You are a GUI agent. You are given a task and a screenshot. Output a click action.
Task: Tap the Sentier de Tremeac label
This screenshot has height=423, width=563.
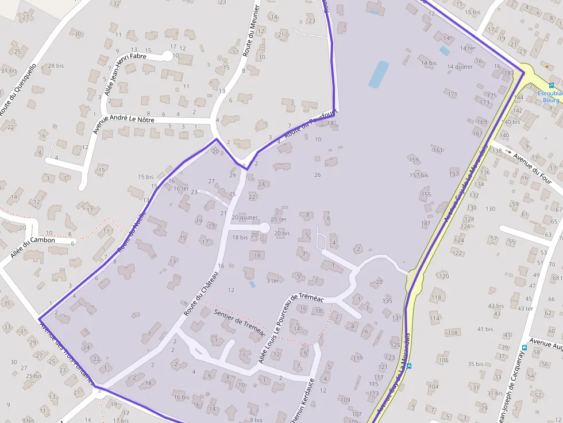coord(239,322)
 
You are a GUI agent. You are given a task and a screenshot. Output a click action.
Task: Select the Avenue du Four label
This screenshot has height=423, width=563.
coord(533,165)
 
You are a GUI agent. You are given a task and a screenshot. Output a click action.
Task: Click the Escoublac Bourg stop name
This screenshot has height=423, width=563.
coord(550,96)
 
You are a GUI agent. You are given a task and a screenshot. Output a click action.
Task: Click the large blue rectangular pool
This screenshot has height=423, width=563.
coord(379,75)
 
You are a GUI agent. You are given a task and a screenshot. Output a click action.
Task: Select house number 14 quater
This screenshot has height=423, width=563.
coord(460,67)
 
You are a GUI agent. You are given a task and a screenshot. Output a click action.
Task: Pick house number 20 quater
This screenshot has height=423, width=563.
coord(245,218)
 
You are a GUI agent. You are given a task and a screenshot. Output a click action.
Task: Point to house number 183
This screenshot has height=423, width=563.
coord(508,73)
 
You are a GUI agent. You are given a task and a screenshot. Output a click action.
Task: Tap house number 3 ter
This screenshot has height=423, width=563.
coord(273,281)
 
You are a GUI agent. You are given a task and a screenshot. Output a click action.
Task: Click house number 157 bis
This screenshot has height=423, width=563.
coord(419,175)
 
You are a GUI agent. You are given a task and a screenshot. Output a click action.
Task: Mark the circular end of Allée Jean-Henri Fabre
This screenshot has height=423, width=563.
coord(168,56)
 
